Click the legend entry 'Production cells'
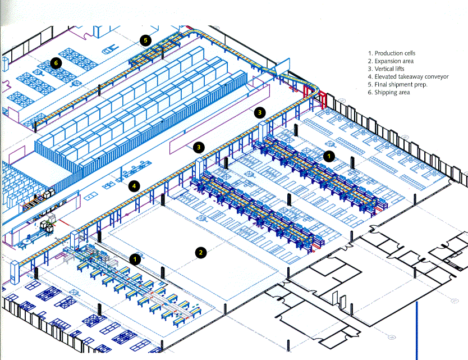point(391,53)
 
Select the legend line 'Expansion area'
point(391,61)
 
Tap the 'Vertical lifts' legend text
point(386,69)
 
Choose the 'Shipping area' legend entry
point(389,92)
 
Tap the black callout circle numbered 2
point(200,252)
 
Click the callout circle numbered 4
point(134,186)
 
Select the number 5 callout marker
point(145,40)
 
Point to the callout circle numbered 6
point(56,63)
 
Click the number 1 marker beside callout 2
point(135,259)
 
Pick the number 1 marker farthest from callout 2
point(329,156)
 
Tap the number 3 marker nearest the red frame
point(260,112)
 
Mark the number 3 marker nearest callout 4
point(199,147)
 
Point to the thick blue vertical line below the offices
point(417,330)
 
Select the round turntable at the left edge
point(27,241)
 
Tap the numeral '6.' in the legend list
point(370,92)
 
